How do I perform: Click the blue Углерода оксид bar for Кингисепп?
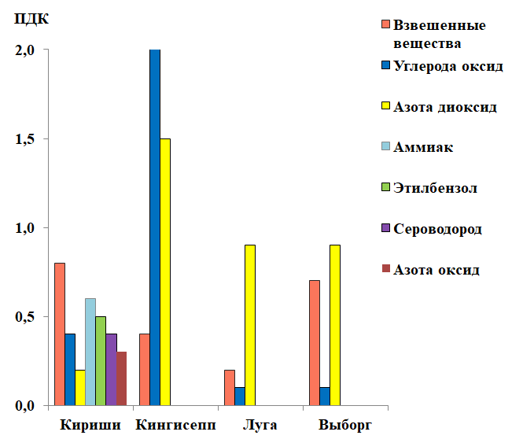coord(155,227)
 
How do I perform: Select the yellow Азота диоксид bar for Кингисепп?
coord(165,271)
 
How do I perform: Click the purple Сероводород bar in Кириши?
coord(111,370)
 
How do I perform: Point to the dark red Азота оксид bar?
coord(121,378)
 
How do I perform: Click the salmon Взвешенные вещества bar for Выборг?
coord(314,343)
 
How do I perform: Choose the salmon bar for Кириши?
coord(60,334)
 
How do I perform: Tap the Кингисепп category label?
coord(175,426)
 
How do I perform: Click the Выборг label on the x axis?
coord(344,426)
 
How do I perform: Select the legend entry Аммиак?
coord(423,147)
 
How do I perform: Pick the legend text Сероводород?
coord(437,229)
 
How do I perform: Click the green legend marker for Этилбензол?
coord(385,188)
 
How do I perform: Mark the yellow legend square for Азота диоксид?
coord(385,107)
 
